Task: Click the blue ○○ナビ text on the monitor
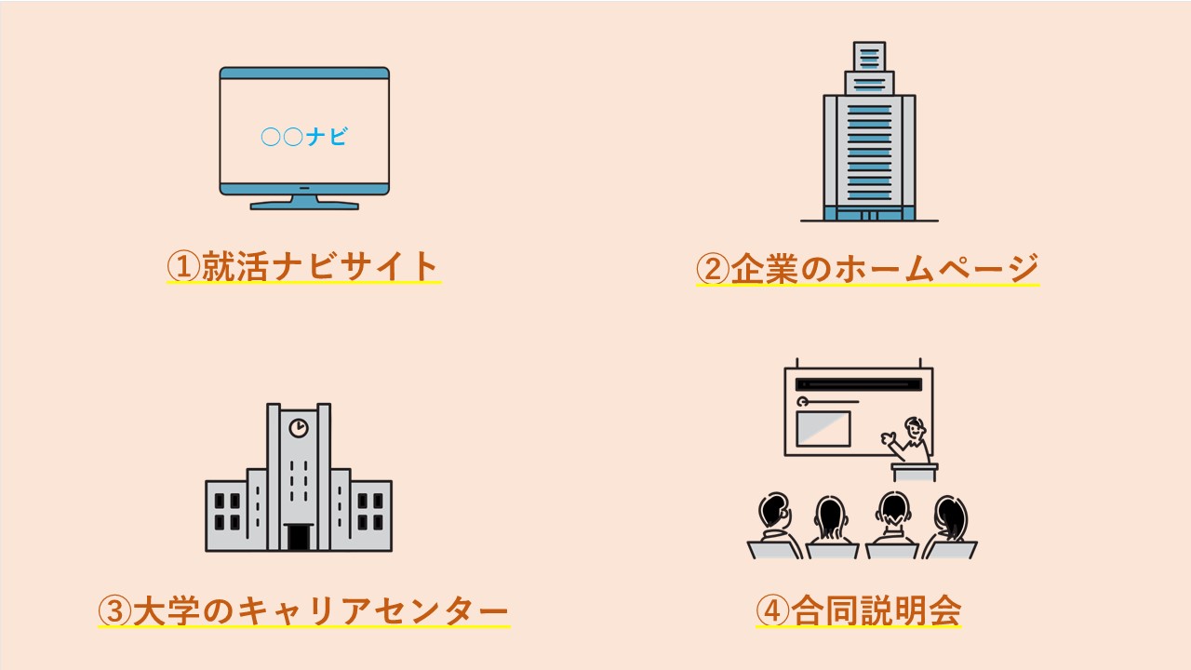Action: [304, 138]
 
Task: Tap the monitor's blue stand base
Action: [304, 204]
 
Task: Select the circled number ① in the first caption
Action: [184, 267]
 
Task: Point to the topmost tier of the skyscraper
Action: [869, 56]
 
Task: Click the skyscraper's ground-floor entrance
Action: [869, 215]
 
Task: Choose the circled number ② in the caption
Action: [714, 269]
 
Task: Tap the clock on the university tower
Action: [299, 427]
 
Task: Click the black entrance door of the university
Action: [299, 537]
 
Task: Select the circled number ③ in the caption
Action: [115, 611]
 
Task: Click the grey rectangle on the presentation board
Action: [823, 428]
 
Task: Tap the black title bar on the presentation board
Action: [858, 384]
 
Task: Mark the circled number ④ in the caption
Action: [773, 611]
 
